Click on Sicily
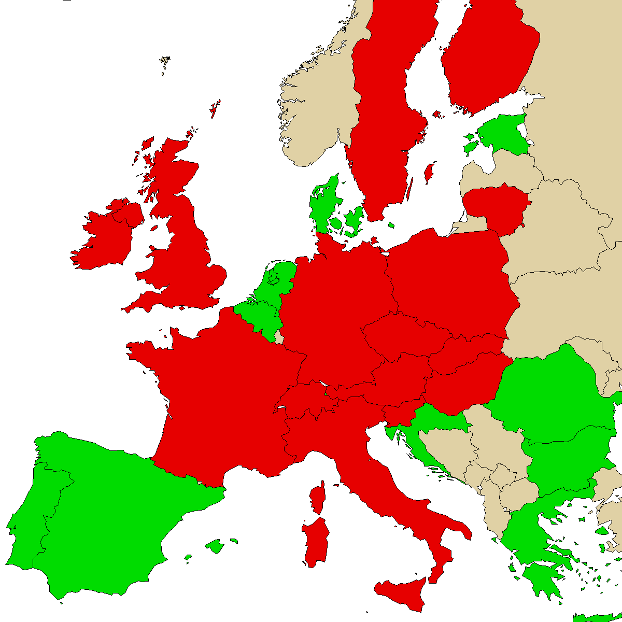click(x=402, y=593)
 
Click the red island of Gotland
click(x=429, y=173)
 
